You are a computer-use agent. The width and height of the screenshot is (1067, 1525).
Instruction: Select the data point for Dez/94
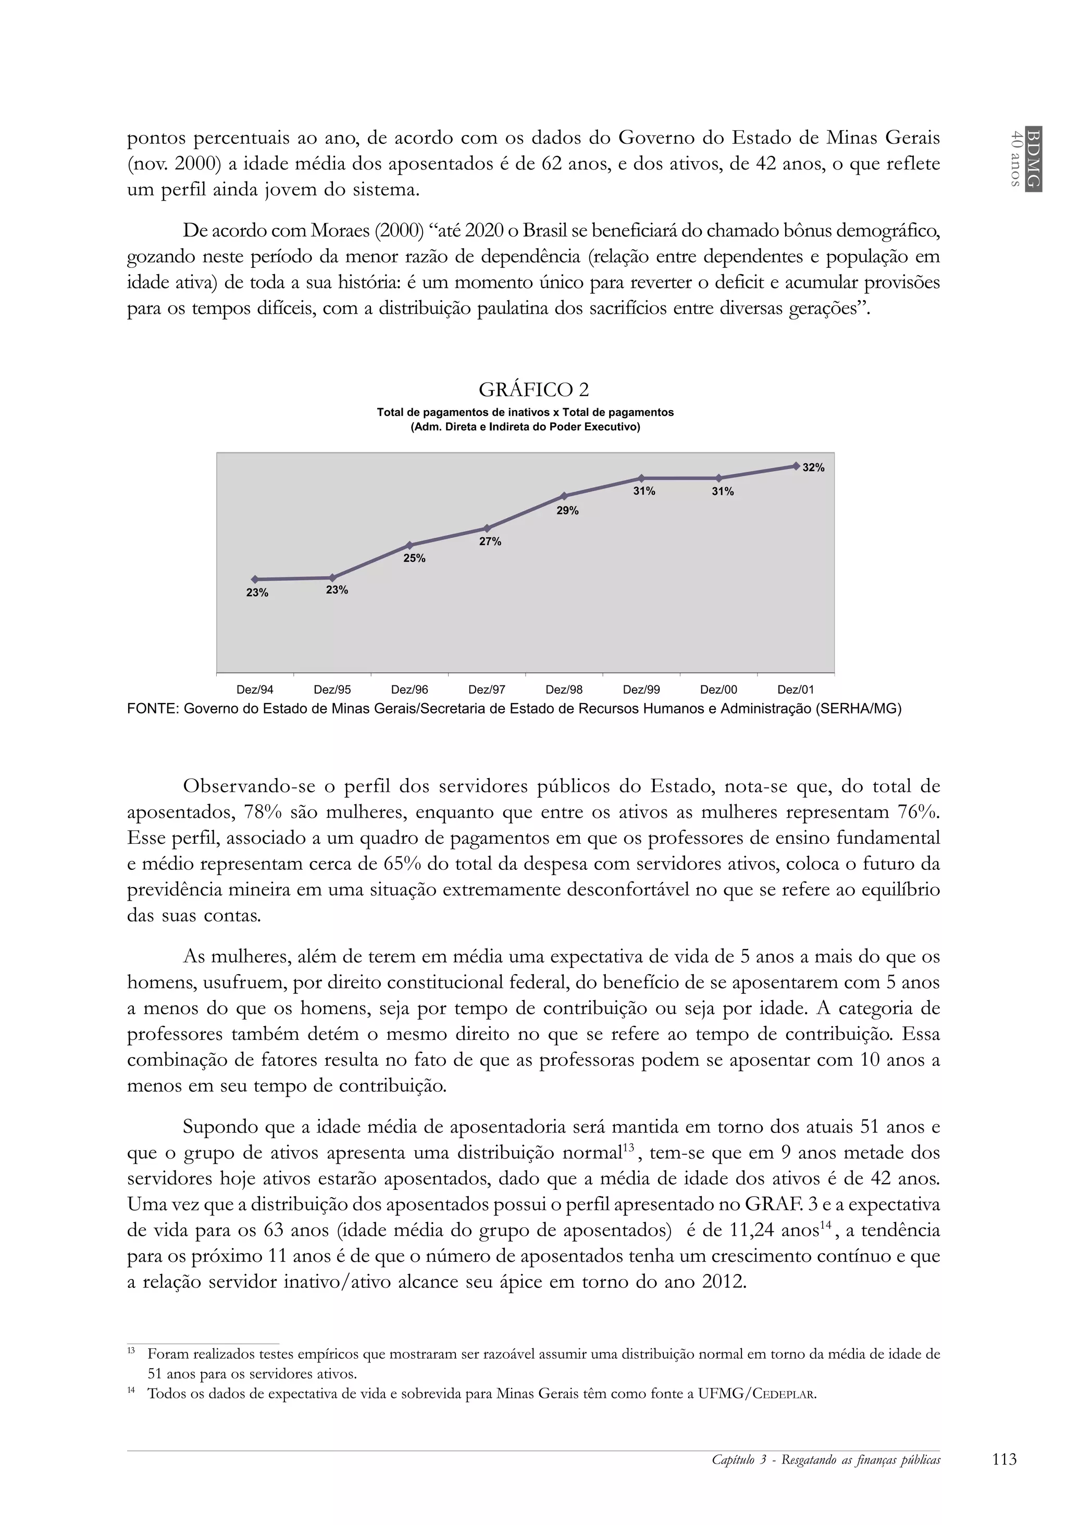255,579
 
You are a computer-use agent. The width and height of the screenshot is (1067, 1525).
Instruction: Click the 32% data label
813,468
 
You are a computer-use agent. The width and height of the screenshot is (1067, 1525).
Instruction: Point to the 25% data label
414,559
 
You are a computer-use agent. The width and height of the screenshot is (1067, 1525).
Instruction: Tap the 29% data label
568,511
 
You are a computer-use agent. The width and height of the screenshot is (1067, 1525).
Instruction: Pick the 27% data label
490,542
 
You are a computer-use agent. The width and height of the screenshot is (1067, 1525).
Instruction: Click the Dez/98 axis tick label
564,690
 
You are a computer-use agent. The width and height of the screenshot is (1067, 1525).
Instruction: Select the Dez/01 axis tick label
796,690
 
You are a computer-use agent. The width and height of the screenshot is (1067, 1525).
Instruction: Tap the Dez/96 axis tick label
409,690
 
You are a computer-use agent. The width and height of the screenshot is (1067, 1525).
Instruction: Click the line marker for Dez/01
796,465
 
